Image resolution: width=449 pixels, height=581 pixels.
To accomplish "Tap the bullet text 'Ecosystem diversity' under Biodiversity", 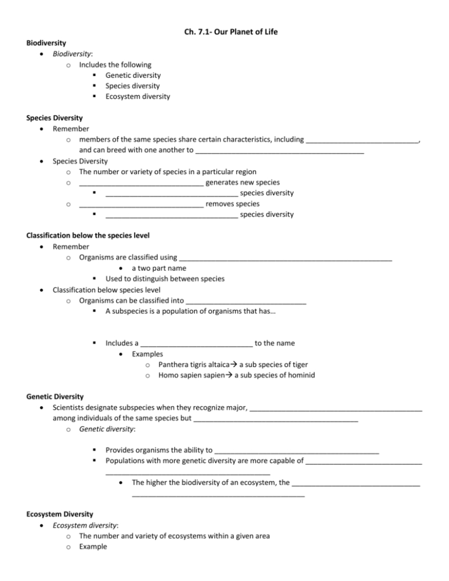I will (x=138, y=96).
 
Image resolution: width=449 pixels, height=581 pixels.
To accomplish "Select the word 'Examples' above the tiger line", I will (x=147, y=354).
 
